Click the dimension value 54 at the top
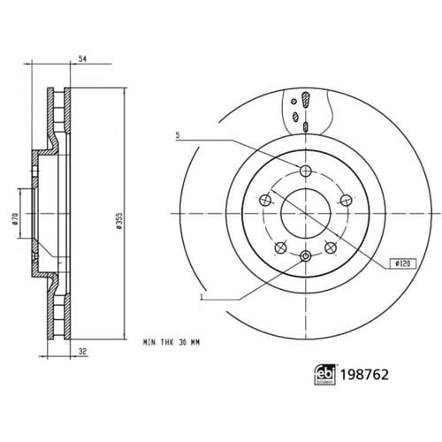pyautogui.click(x=82, y=58)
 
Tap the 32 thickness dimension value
pyautogui.click(x=83, y=351)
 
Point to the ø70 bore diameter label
pyautogui.click(x=15, y=219)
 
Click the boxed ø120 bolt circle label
pyautogui.click(x=403, y=263)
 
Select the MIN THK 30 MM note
pyautogui.click(x=171, y=342)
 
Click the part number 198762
pyautogui.click(x=364, y=375)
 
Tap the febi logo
pyautogui.click(x=325, y=375)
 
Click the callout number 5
pyautogui.click(x=178, y=135)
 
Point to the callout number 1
pyautogui.click(x=202, y=296)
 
